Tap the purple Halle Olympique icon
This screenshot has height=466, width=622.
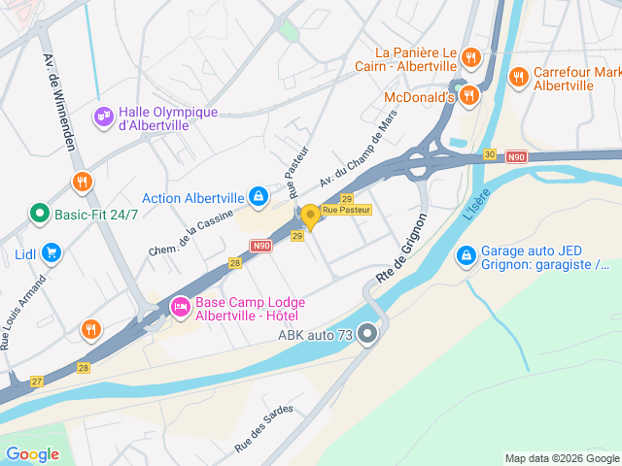tap(102, 117)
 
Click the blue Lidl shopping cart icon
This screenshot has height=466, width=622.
tap(52, 254)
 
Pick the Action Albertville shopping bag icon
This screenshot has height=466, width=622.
tap(258, 197)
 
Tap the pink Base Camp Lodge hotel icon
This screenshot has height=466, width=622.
tap(180, 307)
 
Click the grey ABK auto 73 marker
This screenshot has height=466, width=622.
tap(367, 335)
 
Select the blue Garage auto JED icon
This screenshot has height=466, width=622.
tap(466, 254)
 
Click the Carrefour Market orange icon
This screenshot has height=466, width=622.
tap(518, 76)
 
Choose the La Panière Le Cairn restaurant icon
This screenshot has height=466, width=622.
tap(470, 57)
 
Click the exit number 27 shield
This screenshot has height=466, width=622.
tap(37, 381)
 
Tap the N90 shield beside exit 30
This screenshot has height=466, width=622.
tap(516, 155)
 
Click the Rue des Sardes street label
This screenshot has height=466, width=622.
tap(263, 428)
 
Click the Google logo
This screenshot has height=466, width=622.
tap(32, 453)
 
